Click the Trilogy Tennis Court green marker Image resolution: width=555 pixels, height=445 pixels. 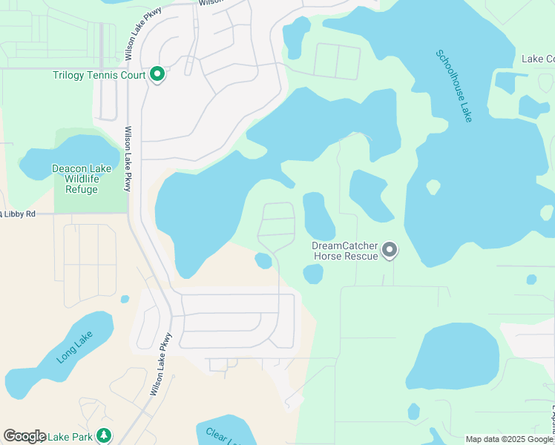pyautogui.click(x=157, y=75)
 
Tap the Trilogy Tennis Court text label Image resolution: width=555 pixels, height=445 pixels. pyautogui.click(x=99, y=75)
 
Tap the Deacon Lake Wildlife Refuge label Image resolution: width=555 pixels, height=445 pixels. pyautogui.click(x=82, y=179)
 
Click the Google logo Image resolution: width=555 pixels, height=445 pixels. pyautogui.click(x=24, y=436)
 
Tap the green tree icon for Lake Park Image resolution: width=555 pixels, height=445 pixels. pyautogui.click(x=105, y=436)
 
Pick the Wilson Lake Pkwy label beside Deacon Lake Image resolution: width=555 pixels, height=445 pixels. pyautogui.click(x=128, y=159)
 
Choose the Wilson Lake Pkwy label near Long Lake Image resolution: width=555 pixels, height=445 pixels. pyautogui.click(x=161, y=363)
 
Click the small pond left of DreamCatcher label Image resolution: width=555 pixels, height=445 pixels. pyautogui.click(x=263, y=260)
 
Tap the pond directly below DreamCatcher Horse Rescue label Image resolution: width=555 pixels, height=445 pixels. pyautogui.click(x=313, y=274)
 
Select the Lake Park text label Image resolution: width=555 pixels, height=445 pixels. pyautogui.click(x=71, y=437)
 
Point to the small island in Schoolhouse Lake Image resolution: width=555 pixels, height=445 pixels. pyautogui.click(x=433, y=186)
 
